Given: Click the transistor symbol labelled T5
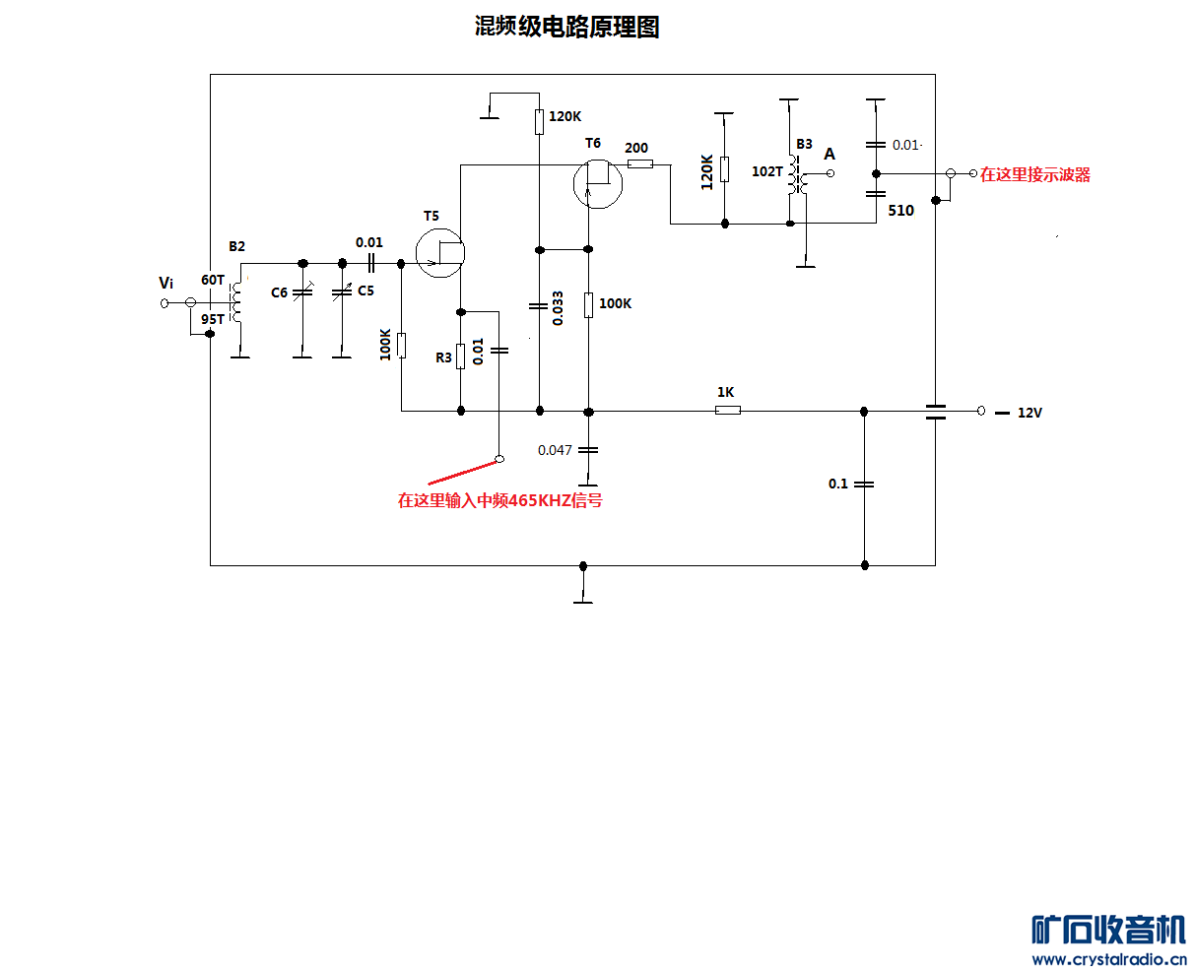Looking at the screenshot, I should coord(439,252).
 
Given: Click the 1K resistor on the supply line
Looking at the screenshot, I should coord(727,410).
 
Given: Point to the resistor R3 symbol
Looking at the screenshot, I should coord(460,356).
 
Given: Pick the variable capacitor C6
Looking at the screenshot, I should coord(302,292).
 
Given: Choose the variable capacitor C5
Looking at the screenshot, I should coord(342,292).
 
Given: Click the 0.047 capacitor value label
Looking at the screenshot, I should coord(555,450).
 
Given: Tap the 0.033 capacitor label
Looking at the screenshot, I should coord(559,307).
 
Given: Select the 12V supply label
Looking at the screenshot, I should coord(1029,413).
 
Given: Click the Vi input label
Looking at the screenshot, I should coord(166,284).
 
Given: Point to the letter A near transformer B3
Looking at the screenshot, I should coord(830,155).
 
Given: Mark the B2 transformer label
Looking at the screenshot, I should coord(236,246).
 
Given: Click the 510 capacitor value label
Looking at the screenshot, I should coord(900,211).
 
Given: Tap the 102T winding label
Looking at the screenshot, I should coord(766,171).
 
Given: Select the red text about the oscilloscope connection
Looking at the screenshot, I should coord(1034,175).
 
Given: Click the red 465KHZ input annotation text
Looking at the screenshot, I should coord(499,500).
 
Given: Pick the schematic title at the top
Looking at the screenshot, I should coord(566,28).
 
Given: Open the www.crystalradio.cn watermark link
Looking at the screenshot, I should coord(1109,959).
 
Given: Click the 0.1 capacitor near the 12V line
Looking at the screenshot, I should coord(864,484).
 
